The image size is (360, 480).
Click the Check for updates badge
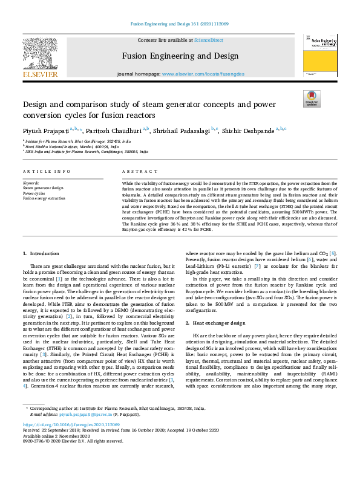311,99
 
